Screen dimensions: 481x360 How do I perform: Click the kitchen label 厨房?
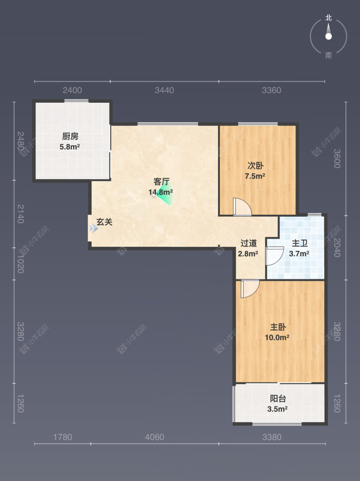70,136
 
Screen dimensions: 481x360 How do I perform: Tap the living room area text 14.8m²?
160,192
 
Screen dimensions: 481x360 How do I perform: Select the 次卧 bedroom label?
255,165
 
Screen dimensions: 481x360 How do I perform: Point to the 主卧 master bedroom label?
278,327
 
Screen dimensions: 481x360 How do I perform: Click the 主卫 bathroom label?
300,243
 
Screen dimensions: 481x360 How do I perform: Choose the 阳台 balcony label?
278,398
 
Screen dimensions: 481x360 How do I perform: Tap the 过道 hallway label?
249,243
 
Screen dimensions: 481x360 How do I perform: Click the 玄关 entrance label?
105,222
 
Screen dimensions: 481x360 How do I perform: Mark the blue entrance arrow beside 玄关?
93,228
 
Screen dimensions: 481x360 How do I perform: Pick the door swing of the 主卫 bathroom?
274,256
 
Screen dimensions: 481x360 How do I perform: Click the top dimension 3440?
164,90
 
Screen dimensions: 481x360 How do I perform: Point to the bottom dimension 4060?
155,437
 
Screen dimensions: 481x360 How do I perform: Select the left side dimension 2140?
20,214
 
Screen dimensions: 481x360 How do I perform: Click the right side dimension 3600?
337,159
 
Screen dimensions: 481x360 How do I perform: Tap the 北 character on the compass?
328,18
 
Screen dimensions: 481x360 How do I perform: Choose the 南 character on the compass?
328,55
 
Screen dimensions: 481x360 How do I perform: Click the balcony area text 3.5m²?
277,409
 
